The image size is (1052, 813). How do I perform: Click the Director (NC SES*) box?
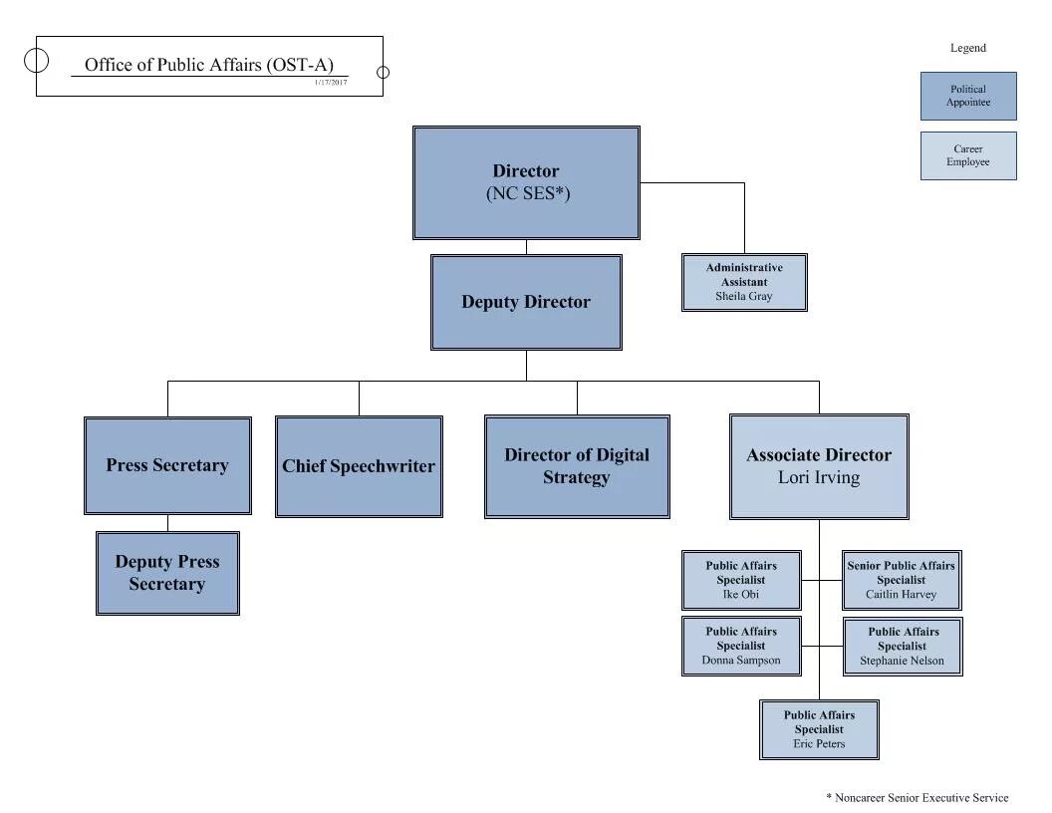tap(526, 182)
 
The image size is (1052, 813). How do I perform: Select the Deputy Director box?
tap(526, 302)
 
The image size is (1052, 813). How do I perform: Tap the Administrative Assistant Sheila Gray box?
tap(744, 282)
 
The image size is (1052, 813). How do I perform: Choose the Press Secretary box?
tap(167, 465)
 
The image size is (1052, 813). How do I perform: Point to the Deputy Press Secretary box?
tap(167, 573)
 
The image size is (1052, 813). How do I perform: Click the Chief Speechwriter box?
tap(359, 466)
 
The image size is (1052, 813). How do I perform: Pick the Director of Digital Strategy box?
tap(577, 466)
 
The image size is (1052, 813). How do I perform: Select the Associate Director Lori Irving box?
tap(819, 466)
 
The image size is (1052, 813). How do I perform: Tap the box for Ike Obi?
tap(741, 580)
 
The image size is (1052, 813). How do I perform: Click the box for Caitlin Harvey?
tap(902, 580)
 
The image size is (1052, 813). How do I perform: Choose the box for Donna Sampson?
tap(741, 646)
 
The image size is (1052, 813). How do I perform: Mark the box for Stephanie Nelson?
tap(903, 646)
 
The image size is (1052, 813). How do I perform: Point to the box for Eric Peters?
tap(819, 729)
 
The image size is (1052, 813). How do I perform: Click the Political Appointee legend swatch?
tap(968, 96)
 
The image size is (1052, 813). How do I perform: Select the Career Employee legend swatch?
tap(968, 155)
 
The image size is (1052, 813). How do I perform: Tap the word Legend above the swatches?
tap(968, 48)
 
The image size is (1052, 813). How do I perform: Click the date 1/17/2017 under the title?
tap(331, 82)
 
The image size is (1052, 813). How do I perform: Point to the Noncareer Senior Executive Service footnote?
tap(917, 797)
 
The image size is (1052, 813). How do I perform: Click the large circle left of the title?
tap(36, 60)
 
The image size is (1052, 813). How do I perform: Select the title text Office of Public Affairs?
tap(209, 65)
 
